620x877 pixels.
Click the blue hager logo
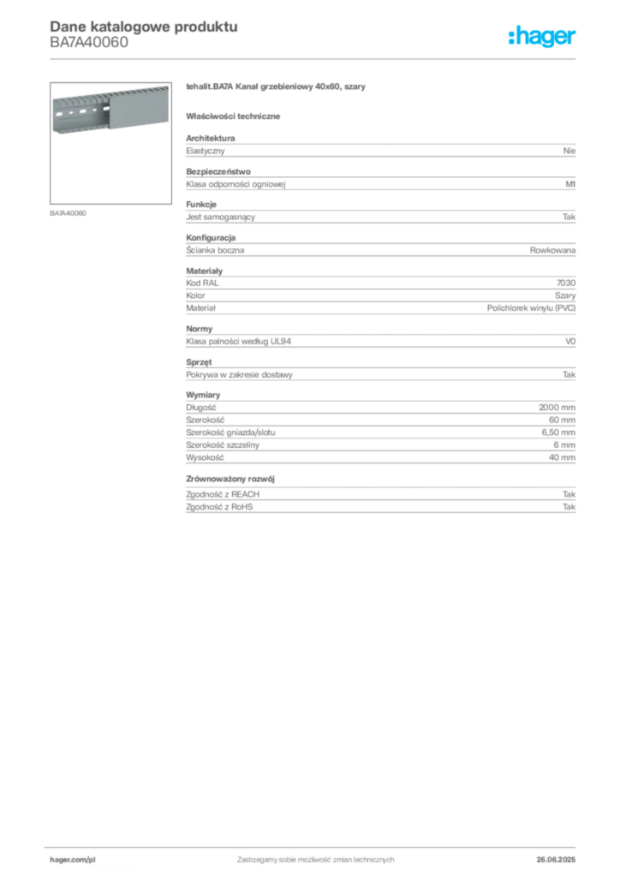543,37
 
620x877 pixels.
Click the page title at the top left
142,26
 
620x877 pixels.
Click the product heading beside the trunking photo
277,88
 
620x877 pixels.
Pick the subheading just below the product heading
236,116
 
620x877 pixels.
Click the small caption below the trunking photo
68,212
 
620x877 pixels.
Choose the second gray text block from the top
379,180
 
